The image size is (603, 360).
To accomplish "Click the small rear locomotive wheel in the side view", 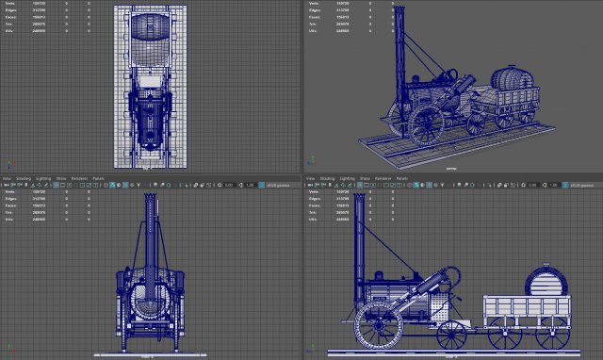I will point(453,334).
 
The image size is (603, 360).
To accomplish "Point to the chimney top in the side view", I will point(358,202).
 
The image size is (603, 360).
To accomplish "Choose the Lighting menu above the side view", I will point(348,177).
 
